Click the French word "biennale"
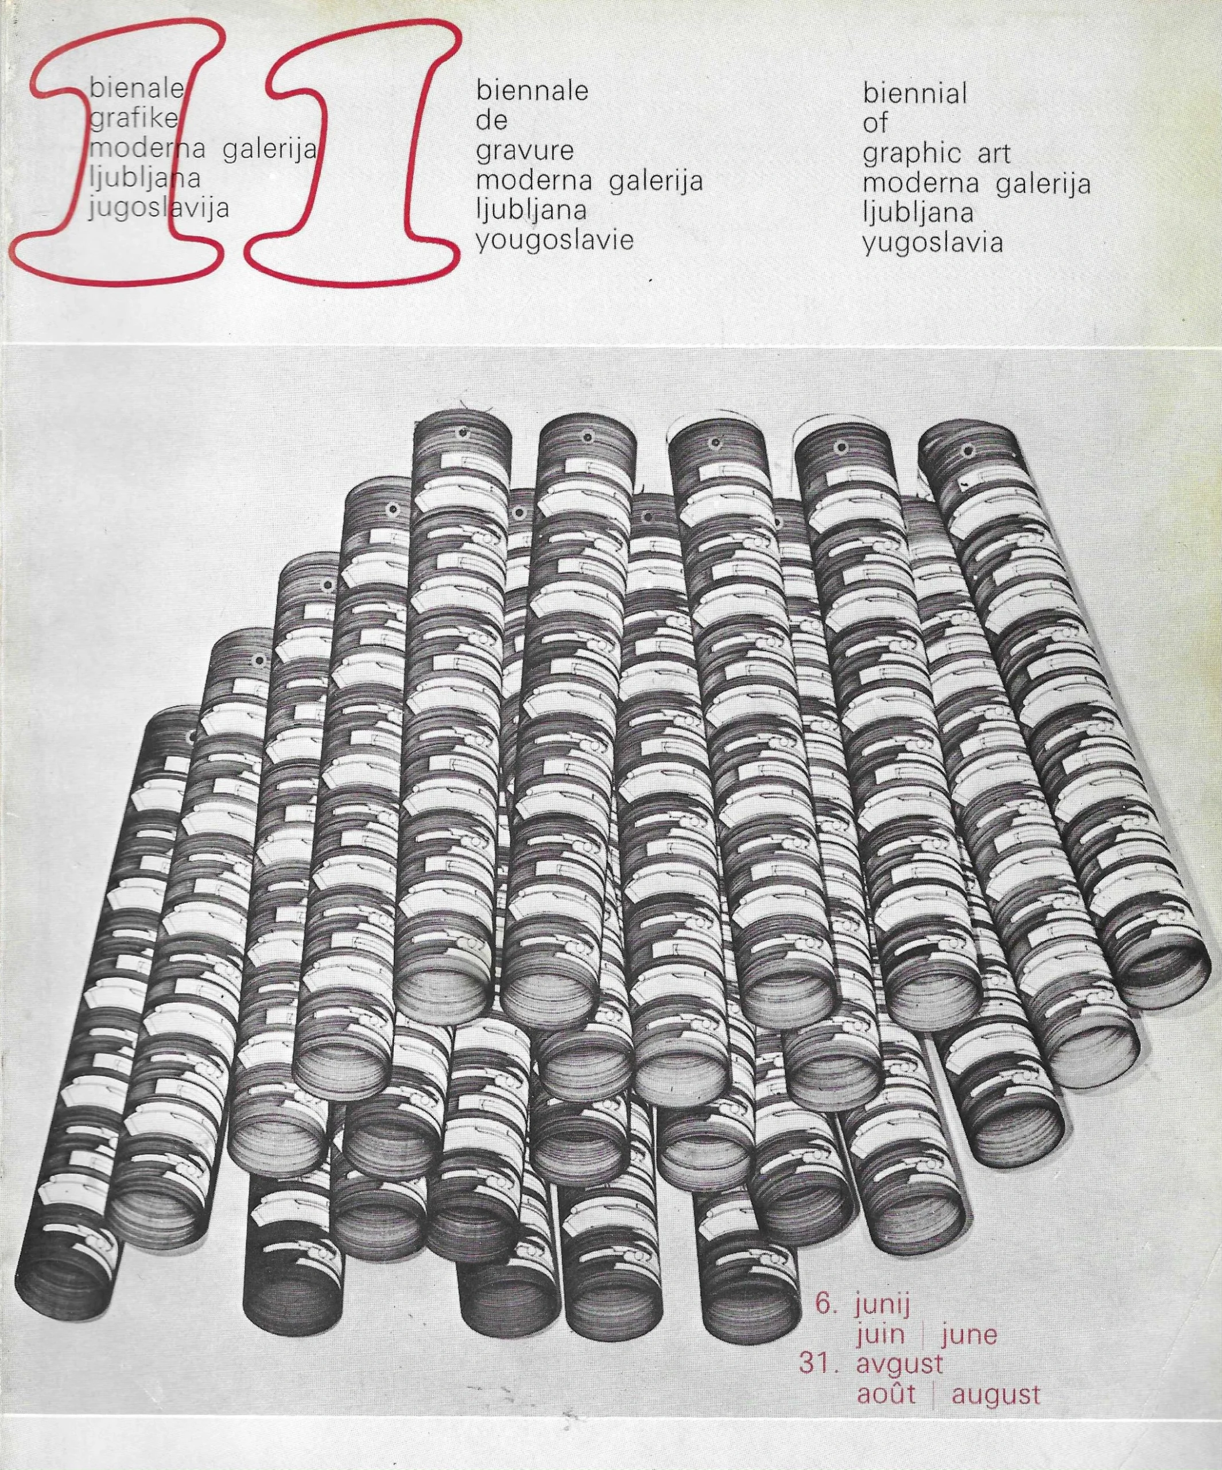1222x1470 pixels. [x=532, y=92]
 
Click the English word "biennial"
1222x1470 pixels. [x=915, y=93]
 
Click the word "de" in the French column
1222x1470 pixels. [x=491, y=121]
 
